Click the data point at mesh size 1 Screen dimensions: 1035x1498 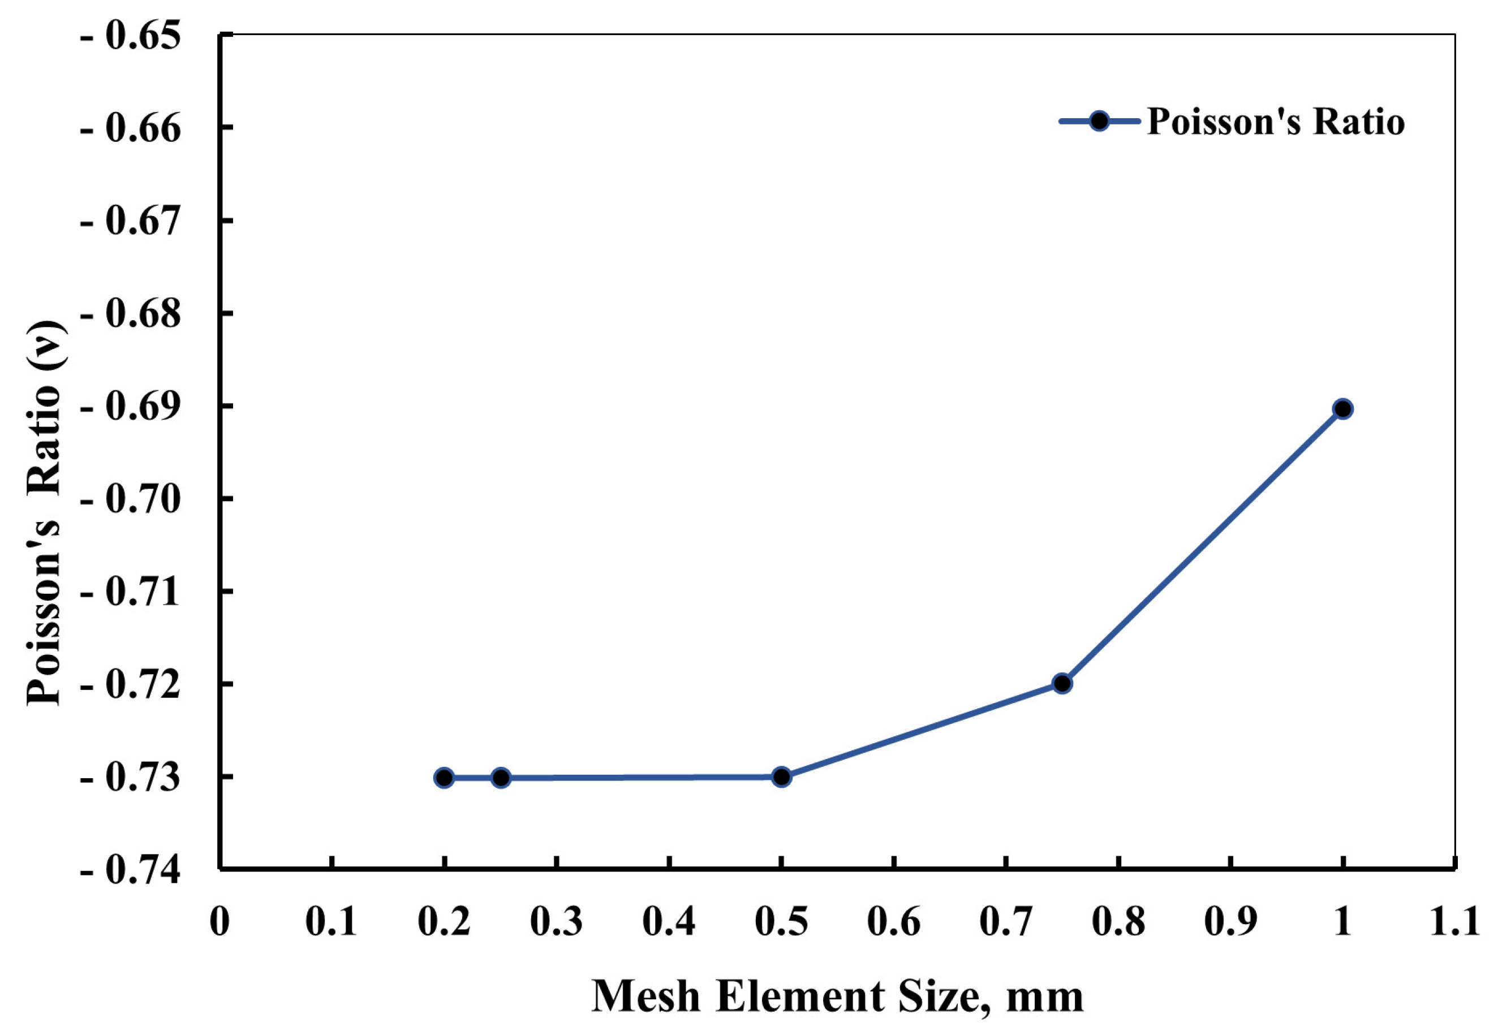(x=1342, y=408)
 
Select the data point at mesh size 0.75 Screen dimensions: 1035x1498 (x=1062, y=684)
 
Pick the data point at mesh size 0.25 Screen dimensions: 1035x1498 (x=501, y=777)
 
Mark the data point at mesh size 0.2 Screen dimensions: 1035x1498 (x=444, y=777)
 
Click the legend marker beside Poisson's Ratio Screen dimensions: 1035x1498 (x=1099, y=121)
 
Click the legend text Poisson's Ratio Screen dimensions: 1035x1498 (x=1276, y=121)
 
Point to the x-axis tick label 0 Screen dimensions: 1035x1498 (x=220, y=921)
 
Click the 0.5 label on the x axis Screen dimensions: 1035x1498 (x=781, y=921)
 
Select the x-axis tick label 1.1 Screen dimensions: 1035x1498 (x=1454, y=921)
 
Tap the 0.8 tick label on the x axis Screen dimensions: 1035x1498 (x=1118, y=921)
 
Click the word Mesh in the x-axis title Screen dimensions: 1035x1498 (x=646, y=996)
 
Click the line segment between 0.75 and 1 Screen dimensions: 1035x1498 (x=1202, y=546)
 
